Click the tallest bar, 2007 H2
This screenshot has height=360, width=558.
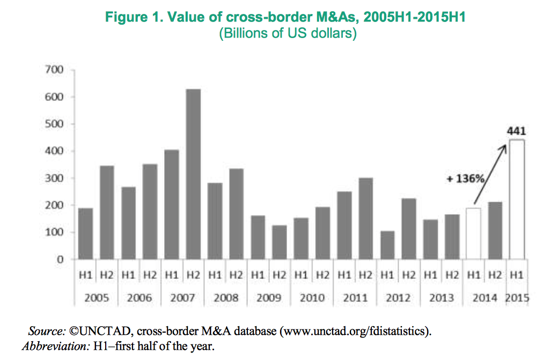193,174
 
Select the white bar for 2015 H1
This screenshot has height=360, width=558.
517,200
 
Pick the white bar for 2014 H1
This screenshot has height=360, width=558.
473,234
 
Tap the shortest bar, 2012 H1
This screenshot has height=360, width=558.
387,246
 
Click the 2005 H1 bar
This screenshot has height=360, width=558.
85,234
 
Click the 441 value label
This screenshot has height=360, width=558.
517,131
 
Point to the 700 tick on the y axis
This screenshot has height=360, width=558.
57,70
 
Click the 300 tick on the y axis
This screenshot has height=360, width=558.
57,178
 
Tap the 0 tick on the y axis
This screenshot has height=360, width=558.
60,260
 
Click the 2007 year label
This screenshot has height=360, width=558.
182,298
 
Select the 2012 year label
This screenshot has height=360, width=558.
398,298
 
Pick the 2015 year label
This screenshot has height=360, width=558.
517,298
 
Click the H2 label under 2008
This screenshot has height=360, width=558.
236,275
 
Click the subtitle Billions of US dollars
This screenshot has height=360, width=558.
288,34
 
